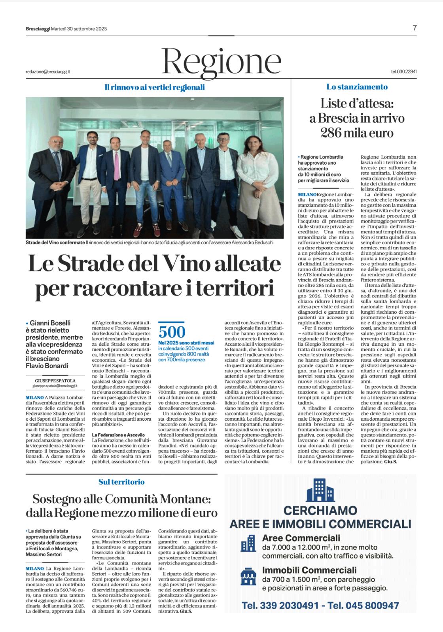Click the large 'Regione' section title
pyautogui.click(x=221, y=60)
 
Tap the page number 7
pyautogui.click(x=415, y=28)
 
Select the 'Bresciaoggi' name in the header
pyautogui.click(x=34, y=28)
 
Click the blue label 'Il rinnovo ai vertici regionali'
pyautogui.click(x=155, y=87)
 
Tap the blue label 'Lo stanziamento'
pyautogui.click(x=357, y=87)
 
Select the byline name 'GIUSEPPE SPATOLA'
pyautogui.click(x=56, y=380)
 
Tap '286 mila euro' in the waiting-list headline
pyautogui.click(x=357, y=133)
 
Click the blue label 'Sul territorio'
pyautogui.click(x=121, y=482)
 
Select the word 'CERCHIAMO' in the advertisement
pyautogui.click(x=320, y=510)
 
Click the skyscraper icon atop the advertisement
pyautogui.click(x=320, y=490)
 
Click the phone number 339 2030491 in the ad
pyautogui.click(x=290, y=605)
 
